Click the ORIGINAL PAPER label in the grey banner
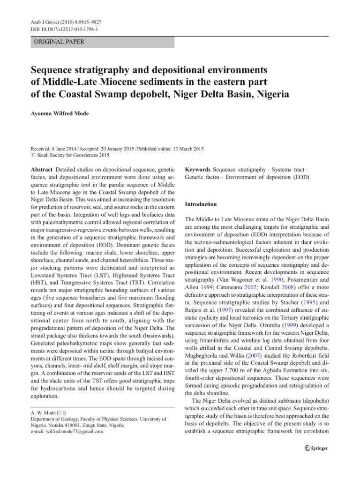(58, 42)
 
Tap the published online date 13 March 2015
(183, 149)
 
